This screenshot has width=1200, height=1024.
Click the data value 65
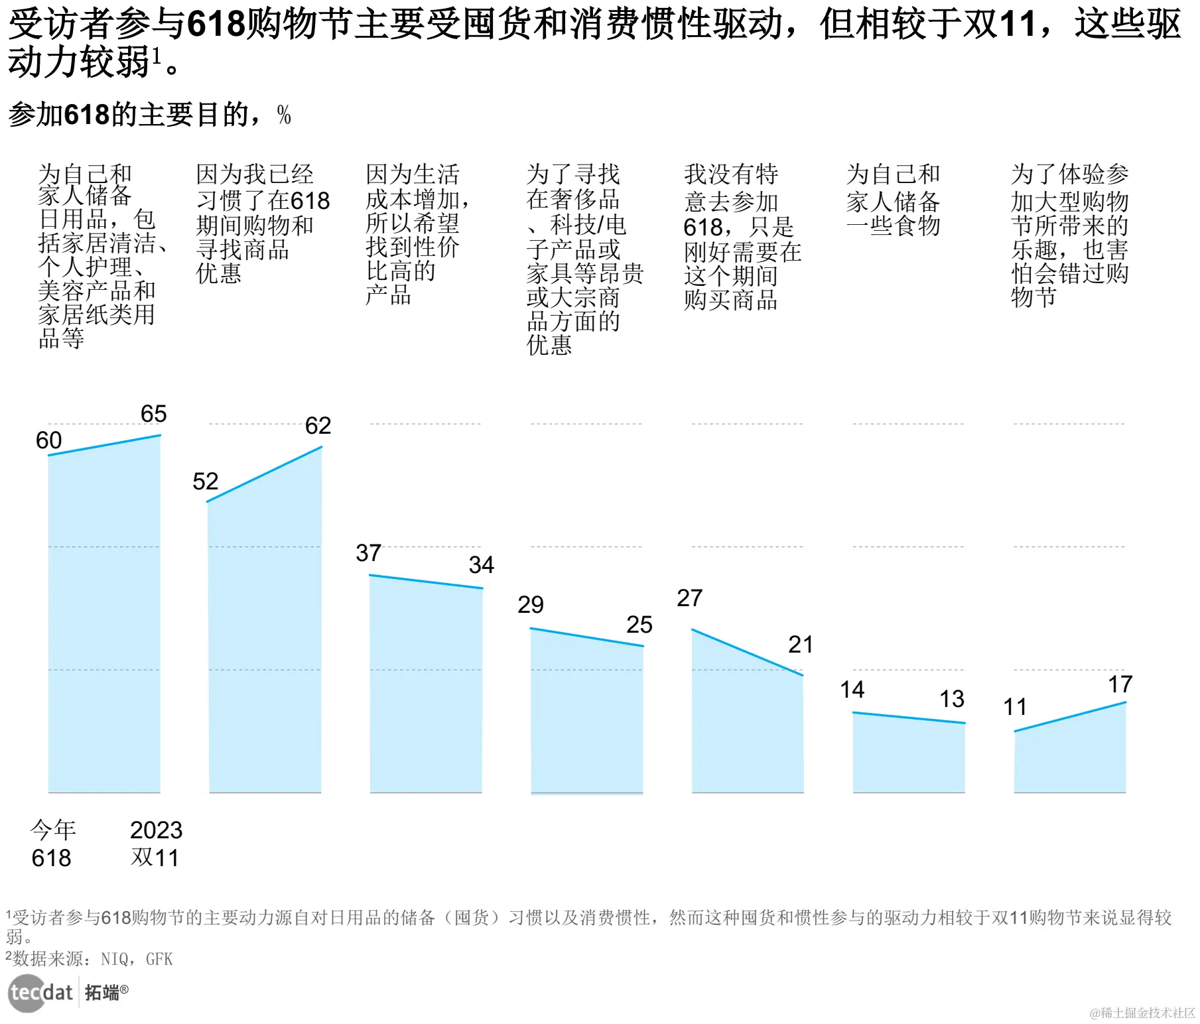pos(153,414)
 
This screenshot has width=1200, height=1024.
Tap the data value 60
pos(48,440)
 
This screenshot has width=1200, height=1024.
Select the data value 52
pos(205,481)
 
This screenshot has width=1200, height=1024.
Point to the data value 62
pos(318,426)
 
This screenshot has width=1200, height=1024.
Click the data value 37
pos(368,553)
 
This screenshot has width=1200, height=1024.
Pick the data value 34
pos(481,565)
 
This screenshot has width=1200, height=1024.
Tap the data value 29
pos(530,605)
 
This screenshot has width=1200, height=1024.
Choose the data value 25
pos(639,625)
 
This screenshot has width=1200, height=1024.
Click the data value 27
pos(689,598)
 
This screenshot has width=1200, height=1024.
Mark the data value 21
pos(800,645)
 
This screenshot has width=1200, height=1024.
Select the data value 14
pos(852,690)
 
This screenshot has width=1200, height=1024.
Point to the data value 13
pos(951,699)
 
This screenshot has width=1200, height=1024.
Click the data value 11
pos(1014,707)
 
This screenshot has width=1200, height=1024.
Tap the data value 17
pos(1120,684)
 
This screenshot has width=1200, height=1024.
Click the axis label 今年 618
pos(52,844)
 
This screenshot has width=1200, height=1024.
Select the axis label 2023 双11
pos(156,844)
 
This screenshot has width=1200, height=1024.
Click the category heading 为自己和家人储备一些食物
pos(893,200)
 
